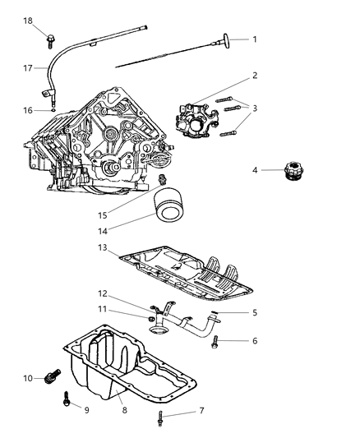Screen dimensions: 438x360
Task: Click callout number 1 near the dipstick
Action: point(255,39)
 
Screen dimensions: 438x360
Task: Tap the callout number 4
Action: point(256,170)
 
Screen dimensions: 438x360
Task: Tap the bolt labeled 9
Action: point(67,401)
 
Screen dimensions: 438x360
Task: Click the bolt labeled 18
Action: point(51,35)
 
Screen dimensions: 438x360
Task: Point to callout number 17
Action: point(27,68)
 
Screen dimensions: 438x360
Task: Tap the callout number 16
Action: point(27,109)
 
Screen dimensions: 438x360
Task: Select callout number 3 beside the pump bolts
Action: point(255,108)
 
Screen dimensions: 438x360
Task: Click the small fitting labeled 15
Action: point(163,179)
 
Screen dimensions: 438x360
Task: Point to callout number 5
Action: point(255,312)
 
